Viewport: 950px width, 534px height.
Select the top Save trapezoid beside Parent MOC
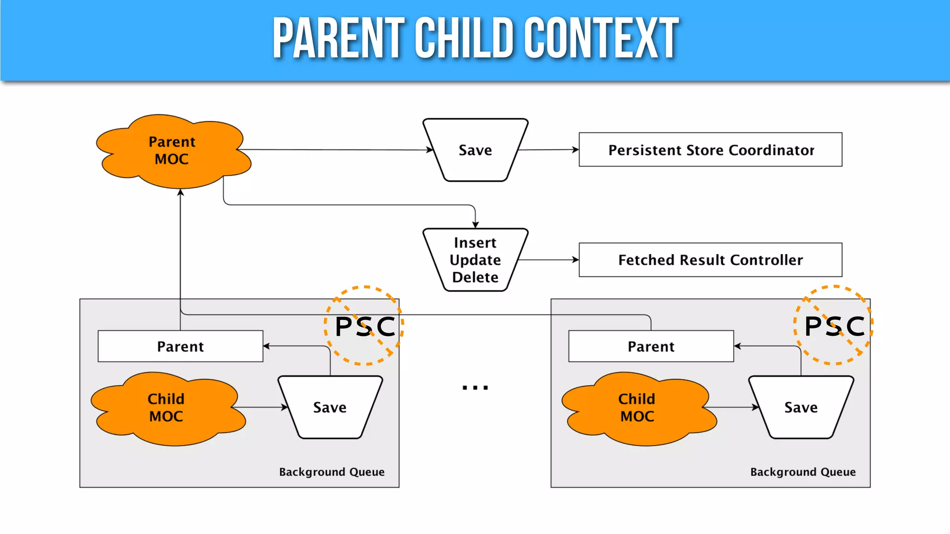pyautogui.click(x=475, y=150)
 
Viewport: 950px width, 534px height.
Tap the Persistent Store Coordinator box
pyautogui.click(x=710, y=150)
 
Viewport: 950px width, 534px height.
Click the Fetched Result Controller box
pyautogui.click(x=710, y=260)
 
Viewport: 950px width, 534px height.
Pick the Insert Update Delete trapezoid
pyautogui.click(x=475, y=260)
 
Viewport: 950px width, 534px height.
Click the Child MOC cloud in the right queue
pyautogui.click(x=638, y=408)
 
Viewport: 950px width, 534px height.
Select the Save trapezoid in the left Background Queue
pyautogui.click(x=330, y=407)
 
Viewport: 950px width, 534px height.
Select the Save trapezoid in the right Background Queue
pyautogui.click(x=801, y=407)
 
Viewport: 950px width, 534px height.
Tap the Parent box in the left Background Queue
pyautogui.click(x=180, y=346)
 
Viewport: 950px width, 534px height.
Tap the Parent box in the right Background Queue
pyautogui.click(x=651, y=346)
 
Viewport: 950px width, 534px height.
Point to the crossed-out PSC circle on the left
pyautogui.click(x=365, y=326)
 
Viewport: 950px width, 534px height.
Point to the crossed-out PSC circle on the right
pyautogui.click(x=834, y=326)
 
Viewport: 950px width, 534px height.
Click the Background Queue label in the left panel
pyautogui.click(x=332, y=472)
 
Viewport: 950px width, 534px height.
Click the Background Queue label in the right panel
pyautogui.click(x=803, y=472)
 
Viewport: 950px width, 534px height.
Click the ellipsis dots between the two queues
pyautogui.click(x=475, y=388)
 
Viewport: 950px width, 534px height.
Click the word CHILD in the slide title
pyautogui.click(x=464, y=38)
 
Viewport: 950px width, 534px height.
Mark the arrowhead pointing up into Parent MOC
pyautogui.click(x=180, y=192)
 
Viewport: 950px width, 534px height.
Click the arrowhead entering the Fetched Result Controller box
pyautogui.click(x=576, y=260)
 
